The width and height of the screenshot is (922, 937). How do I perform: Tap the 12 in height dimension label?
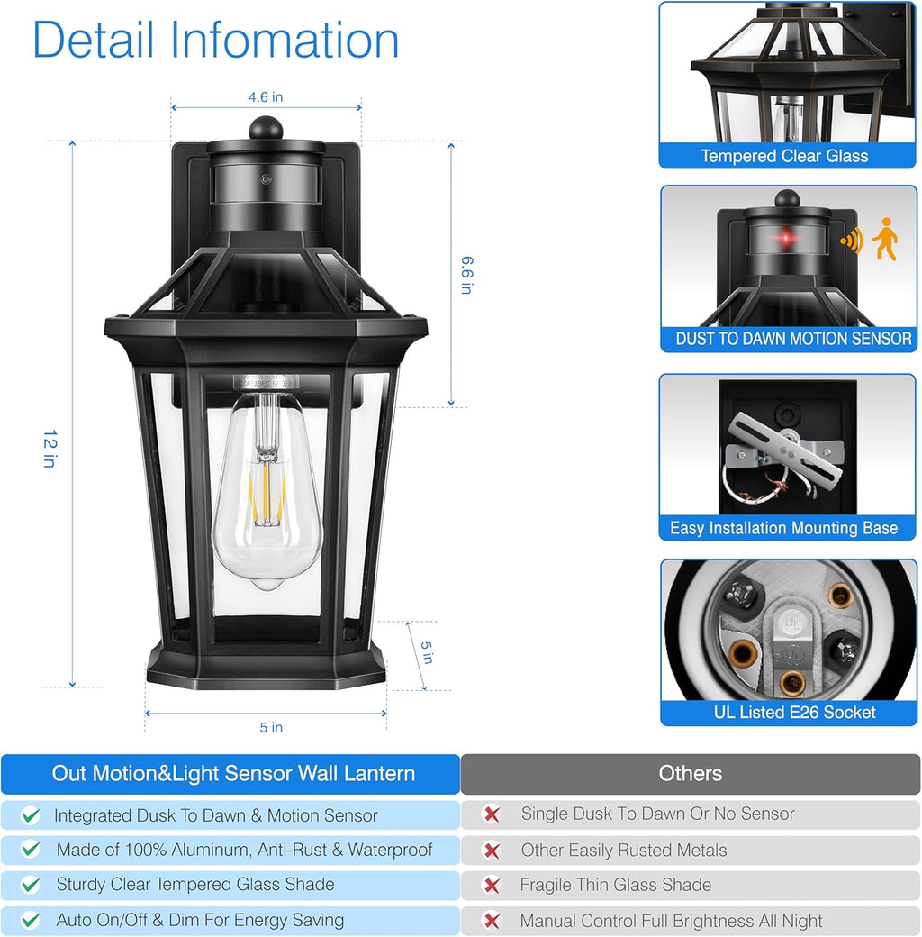pos(50,449)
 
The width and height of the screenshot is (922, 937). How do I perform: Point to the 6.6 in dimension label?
pos(466,275)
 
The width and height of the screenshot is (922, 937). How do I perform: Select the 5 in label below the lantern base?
pos(265,727)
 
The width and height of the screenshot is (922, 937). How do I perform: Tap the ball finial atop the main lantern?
pos(266,127)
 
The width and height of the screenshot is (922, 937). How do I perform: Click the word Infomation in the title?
pos(285,41)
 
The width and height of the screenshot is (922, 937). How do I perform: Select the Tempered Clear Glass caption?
pos(784,156)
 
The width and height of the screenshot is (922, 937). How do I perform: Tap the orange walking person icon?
pos(884,239)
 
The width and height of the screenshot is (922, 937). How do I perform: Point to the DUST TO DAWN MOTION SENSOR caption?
pos(793,339)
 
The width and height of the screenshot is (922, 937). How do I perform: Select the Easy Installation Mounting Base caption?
pos(783,529)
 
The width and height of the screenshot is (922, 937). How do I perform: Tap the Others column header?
pos(690,773)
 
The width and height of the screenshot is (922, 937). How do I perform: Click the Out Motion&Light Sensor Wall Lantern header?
pos(233,773)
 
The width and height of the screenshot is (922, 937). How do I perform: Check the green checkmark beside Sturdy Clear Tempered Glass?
pos(31,885)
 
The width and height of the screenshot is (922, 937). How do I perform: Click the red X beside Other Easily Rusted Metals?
pos(492,850)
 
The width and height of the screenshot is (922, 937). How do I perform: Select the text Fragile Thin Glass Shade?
pos(615,885)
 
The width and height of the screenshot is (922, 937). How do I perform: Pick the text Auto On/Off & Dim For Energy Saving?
pos(200,920)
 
